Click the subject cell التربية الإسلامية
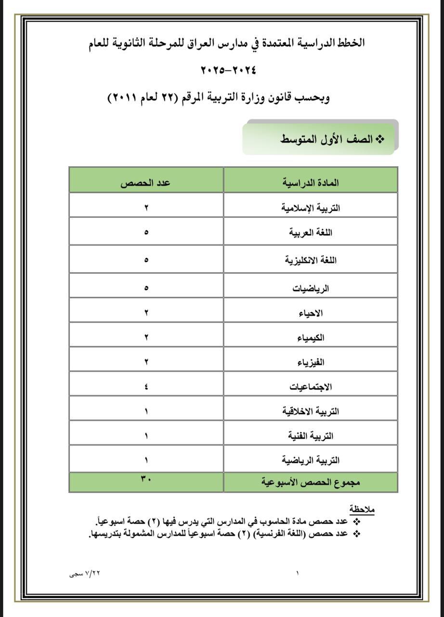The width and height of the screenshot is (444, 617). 311,208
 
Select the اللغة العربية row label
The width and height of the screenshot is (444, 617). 311,233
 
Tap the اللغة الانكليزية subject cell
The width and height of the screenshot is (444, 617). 311,261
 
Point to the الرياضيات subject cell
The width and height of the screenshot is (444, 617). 311,289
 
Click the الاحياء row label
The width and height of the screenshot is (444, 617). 311,313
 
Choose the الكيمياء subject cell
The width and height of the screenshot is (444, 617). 311,338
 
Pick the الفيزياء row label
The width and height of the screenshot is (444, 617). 311,362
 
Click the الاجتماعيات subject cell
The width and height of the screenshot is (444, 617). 311,387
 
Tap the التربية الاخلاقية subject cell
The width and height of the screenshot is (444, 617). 311,411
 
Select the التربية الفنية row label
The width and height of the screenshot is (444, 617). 311,436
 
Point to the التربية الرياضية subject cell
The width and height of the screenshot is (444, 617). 311,460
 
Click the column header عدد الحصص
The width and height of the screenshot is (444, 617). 146,183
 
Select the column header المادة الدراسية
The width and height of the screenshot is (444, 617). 311,183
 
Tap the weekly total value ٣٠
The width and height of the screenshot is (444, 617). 146,479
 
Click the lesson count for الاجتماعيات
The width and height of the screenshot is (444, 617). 146,387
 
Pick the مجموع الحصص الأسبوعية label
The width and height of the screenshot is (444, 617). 311,482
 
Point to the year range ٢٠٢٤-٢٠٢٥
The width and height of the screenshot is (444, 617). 228,70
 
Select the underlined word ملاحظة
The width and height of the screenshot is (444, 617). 362,510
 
